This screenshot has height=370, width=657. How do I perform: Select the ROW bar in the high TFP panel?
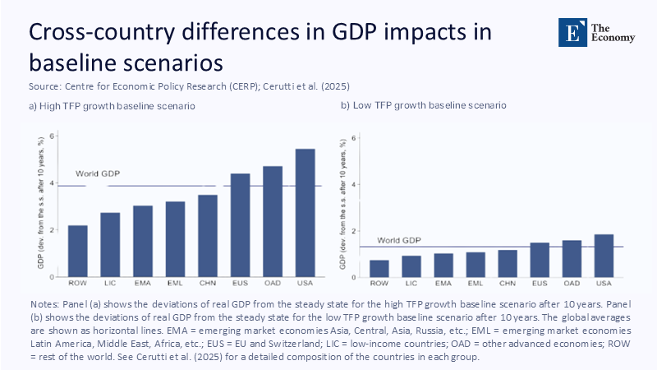(78, 250)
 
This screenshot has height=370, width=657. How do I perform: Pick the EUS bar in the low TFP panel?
(540, 259)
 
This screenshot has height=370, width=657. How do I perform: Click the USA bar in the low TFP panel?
(604, 255)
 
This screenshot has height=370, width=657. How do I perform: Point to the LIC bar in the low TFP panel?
(411, 266)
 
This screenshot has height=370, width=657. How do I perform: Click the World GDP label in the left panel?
(99, 174)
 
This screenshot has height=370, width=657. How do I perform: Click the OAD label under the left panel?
(273, 283)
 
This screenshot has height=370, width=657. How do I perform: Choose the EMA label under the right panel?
(443, 283)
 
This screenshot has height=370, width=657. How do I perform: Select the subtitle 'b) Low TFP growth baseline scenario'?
(424, 106)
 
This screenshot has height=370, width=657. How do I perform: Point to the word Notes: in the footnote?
(46, 303)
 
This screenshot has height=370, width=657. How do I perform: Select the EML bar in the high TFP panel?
(175, 238)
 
